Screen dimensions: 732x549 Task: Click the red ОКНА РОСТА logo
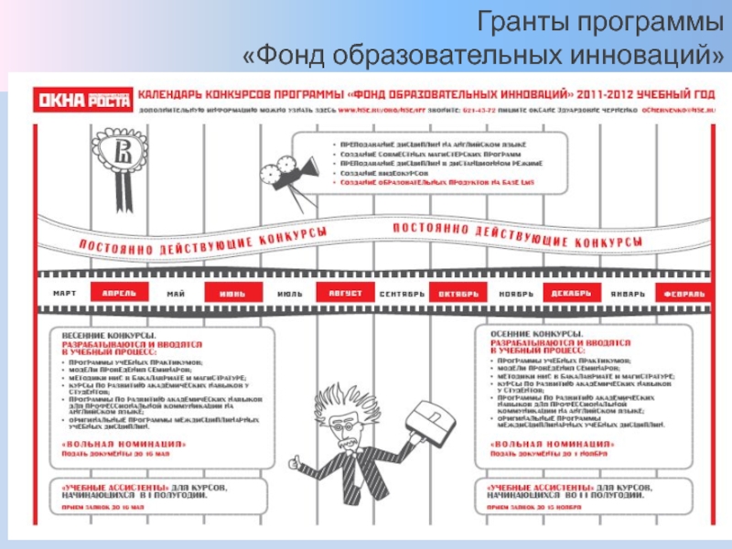[x=82, y=99]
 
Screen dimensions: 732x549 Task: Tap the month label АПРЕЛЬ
[x=120, y=294]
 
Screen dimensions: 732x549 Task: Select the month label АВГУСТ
[x=339, y=294]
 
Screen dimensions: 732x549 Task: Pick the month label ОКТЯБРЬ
[x=458, y=294]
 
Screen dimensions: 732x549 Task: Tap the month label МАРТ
[x=65, y=294]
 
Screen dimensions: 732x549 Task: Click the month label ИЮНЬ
[x=231, y=294]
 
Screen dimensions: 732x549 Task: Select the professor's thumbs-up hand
[x=295, y=462]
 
